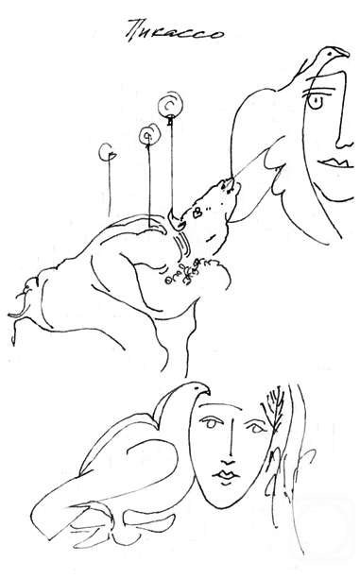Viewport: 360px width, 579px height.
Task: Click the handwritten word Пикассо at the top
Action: point(174,31)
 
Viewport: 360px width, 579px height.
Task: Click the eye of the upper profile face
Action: point(316,102)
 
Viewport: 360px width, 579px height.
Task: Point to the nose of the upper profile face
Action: point(345,143)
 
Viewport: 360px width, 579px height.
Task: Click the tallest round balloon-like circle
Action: point(170,106)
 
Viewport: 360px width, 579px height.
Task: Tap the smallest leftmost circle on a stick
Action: point(108,151)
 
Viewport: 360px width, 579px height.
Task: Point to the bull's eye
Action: point(197,212)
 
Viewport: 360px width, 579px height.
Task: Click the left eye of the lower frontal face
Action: point(211,423)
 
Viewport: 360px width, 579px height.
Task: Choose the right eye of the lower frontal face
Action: point(255,427)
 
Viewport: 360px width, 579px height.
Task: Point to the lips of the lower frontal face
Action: point(226,474)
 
